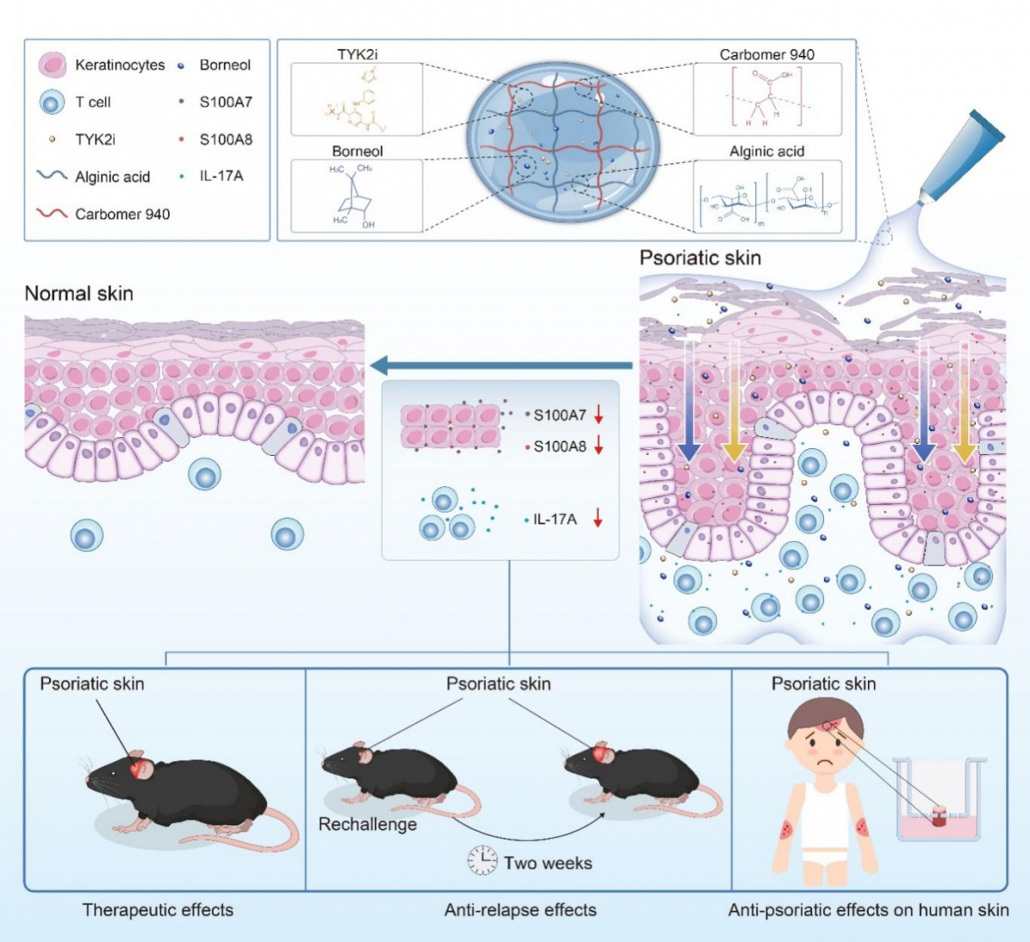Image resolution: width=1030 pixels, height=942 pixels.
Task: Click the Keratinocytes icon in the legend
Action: (x=52, y=64)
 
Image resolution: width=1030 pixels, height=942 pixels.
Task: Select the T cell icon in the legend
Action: (x=52, y=103)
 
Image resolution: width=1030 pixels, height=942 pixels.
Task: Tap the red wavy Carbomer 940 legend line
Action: (x=52, y=214)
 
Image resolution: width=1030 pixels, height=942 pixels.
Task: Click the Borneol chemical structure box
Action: (x=356, y=196)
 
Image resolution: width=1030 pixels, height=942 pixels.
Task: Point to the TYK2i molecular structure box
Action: (x=356, y=99)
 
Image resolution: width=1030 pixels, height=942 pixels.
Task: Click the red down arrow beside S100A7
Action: (x=599, y=416)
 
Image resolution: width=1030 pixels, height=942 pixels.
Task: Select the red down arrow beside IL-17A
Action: (x=599, y=519)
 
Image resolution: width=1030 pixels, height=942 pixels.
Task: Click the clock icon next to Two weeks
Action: (x=482, y=860)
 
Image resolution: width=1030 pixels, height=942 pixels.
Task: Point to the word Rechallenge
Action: (x=367, y=824)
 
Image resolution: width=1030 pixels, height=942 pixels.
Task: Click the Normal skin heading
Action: (x=79, y=294)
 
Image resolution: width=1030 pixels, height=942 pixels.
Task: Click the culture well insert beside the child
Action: (x=938, y=803)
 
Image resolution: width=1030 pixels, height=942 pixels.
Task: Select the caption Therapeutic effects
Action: (x=158, y=910)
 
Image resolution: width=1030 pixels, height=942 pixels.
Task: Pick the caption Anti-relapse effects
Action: (x=520, y=910)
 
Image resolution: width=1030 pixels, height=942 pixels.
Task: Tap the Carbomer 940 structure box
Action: (x=766, y=99)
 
